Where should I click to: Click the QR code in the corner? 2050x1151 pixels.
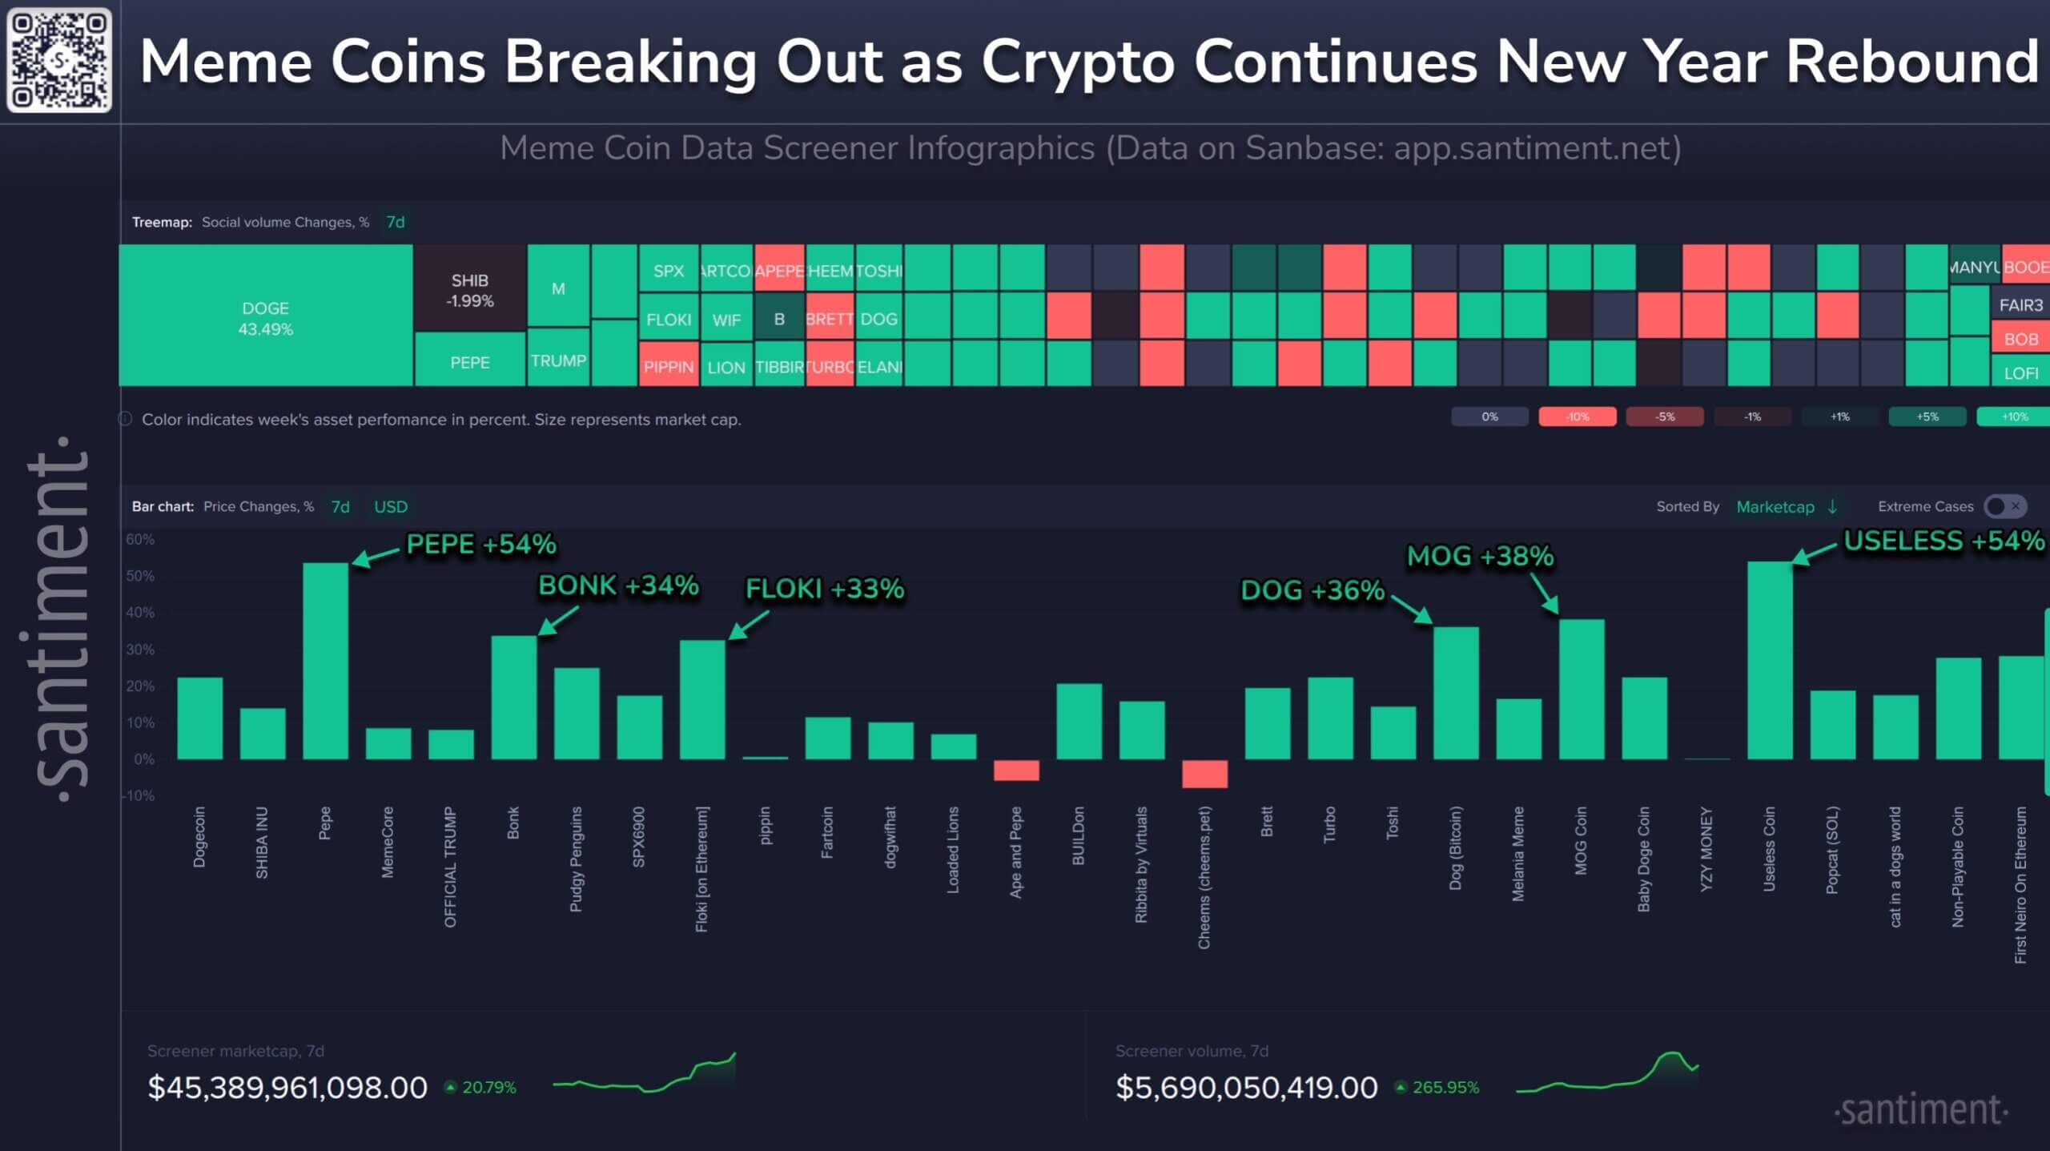59,60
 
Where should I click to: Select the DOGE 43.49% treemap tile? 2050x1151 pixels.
265,317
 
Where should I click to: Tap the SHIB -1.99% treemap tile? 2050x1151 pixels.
469,289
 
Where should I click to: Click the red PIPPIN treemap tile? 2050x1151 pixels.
668,366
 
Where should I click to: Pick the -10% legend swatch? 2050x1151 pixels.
1577,417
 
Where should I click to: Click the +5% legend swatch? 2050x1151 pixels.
1927,417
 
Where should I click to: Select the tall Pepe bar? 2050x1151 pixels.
325,661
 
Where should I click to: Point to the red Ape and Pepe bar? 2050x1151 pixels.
1016,770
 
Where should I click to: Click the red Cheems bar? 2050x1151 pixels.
1204,774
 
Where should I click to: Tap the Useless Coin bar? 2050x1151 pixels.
1770,661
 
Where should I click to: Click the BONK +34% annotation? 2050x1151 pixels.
618,586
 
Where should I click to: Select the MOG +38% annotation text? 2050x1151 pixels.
1480,556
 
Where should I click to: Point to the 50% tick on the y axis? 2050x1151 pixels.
140,576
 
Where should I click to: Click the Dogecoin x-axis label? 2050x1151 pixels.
199,836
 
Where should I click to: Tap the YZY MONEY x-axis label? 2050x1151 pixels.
1706,848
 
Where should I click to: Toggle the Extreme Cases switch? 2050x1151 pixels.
2005,506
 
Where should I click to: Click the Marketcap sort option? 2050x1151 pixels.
1775,507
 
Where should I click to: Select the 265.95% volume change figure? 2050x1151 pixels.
1445,1087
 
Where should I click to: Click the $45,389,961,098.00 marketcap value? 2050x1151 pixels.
287,1087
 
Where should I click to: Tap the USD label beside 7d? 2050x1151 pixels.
391,507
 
